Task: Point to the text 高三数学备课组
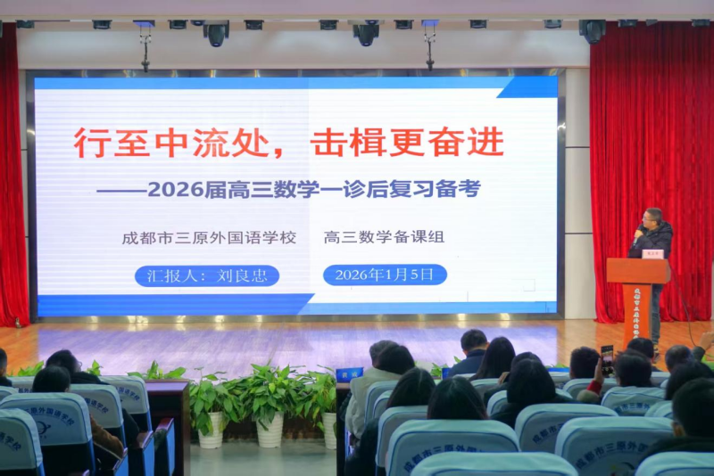pyautogui.click(x=384, y=238)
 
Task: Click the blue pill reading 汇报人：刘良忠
pyautogui.click(x=207, y=275)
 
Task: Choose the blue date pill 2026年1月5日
pyautogui.click(x=385, y=275)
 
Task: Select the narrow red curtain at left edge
pyautogui.click(x=11, y=178)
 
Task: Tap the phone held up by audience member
pyautogui.click(x=607, y=355)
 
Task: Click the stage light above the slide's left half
pyautogui.click(x=217, y=34)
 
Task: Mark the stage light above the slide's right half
pyautogui.click(x=365, y=34)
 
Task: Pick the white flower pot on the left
pyautogui.click(x=212, y=431)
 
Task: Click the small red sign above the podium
pyautogui.click(x=652, y=254)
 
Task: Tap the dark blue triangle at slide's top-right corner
pyautogui.click(x=532, y=86)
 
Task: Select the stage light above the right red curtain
pyautogui.click(x=592, y=31)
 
